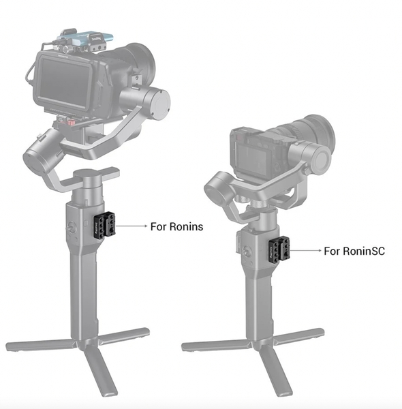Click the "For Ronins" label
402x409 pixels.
click(x=176, y=226)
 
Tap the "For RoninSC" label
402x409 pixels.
click(x=354, y=251)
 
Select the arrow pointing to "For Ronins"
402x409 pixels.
click(x=131, y=226)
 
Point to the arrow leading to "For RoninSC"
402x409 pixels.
click(x=305, y=250)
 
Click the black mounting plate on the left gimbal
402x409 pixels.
click(x=104, y=224)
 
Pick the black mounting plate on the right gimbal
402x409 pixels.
click(x=279, y=250)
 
